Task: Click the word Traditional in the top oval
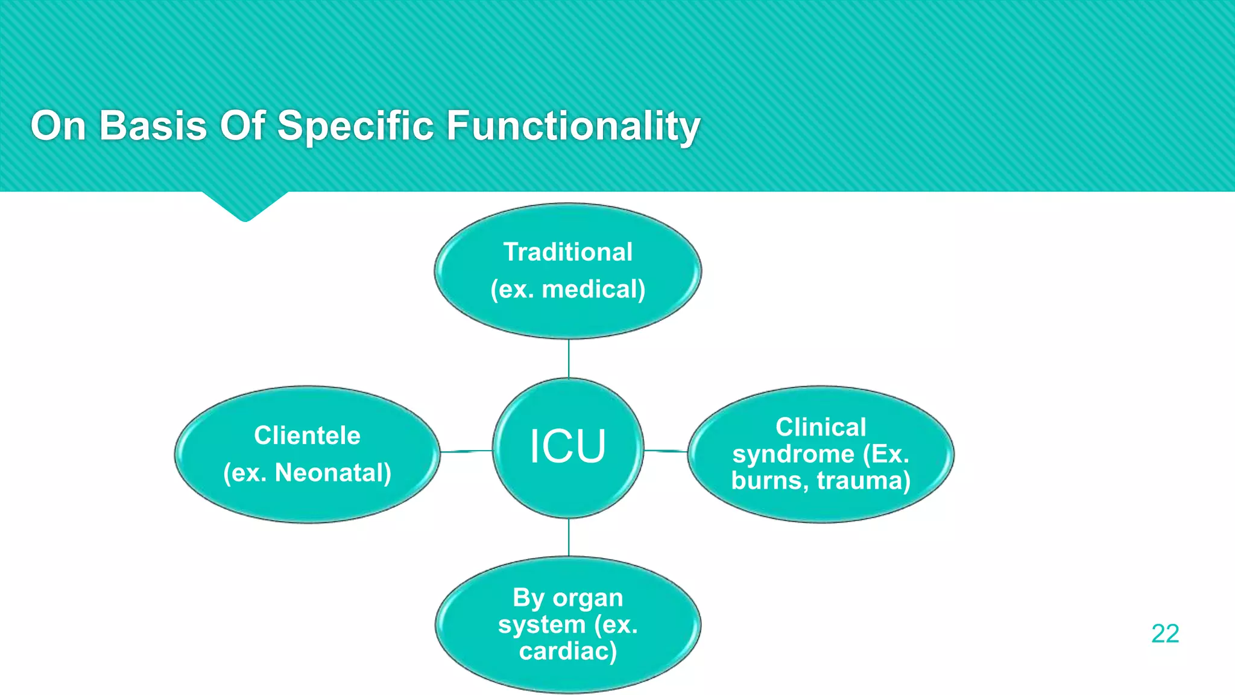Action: pyautogui.click(x=567, y=252)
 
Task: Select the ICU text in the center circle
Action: pyautogui.click(x=567, y=447)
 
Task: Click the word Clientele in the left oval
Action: pyautogui.click(x=307, y=436)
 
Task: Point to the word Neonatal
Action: pyautogui.click(x=332, y=473)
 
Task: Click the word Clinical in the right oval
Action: pyautogui.click(x=821, y=427)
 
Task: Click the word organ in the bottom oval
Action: pyautogui.click(x=587, y=598)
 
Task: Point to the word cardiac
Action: pyautogui.click(x=567, y=651)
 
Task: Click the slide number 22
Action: pyautogui.click(x=1164, y=633)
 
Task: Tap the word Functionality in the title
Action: pyautogui.click(x=573, y=126)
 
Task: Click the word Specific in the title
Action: pyautogui.click(x=355, y=126)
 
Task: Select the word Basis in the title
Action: pyautogui.click(x=153, y=126)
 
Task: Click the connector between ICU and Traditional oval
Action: pyautogui.click(x=569, y=358)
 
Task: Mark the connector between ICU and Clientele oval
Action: pyautogui.click(x=466, y=451)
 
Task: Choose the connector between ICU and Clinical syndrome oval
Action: pyautogui.click(x=666, y=450)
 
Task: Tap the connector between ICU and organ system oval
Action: pyautogui.click(x=569, y=537)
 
